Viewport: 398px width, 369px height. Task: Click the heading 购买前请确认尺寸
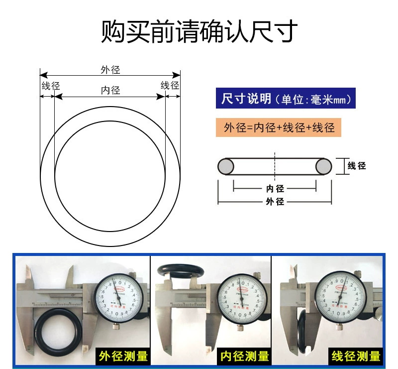[x=199, y=31]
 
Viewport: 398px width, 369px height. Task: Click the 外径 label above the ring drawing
[x=110, y=70]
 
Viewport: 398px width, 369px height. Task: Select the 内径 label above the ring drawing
[x=110, y=90]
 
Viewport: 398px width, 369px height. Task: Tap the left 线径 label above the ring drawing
[x=50, y=86]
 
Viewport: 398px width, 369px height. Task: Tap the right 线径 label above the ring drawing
[x=170, y=85]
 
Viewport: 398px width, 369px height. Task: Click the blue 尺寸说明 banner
[x=286, y=99]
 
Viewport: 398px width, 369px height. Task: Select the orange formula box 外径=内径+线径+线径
[x=279, y=127]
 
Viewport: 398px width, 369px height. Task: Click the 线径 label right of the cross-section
[x=357, y=166]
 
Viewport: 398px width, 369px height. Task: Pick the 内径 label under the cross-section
[x=275, y=189]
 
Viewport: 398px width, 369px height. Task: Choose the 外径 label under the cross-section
[x=275, y=202]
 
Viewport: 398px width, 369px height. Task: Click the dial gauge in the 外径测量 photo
[x=118, y=296]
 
